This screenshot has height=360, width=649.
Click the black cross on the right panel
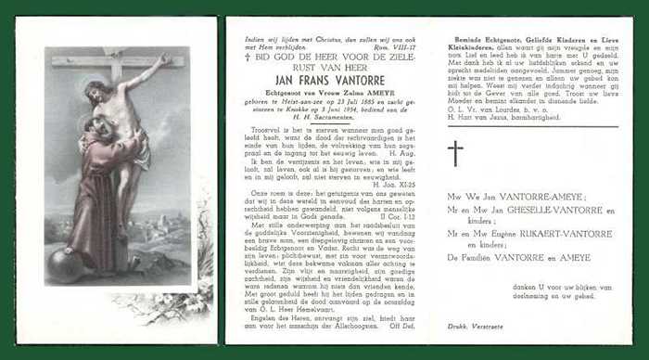[455, 153]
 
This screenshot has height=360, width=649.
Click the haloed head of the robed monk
[88, 127]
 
